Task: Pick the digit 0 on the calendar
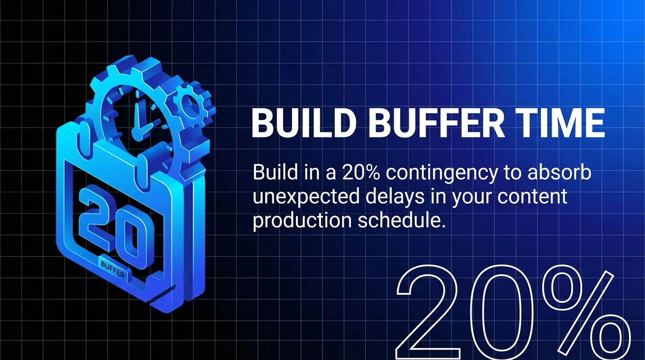pyautogui.click(x=135, y=237)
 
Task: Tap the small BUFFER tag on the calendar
pyautogui.click(x=113, y=270)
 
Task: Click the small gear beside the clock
pyautogui.click(x=190, y=103)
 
